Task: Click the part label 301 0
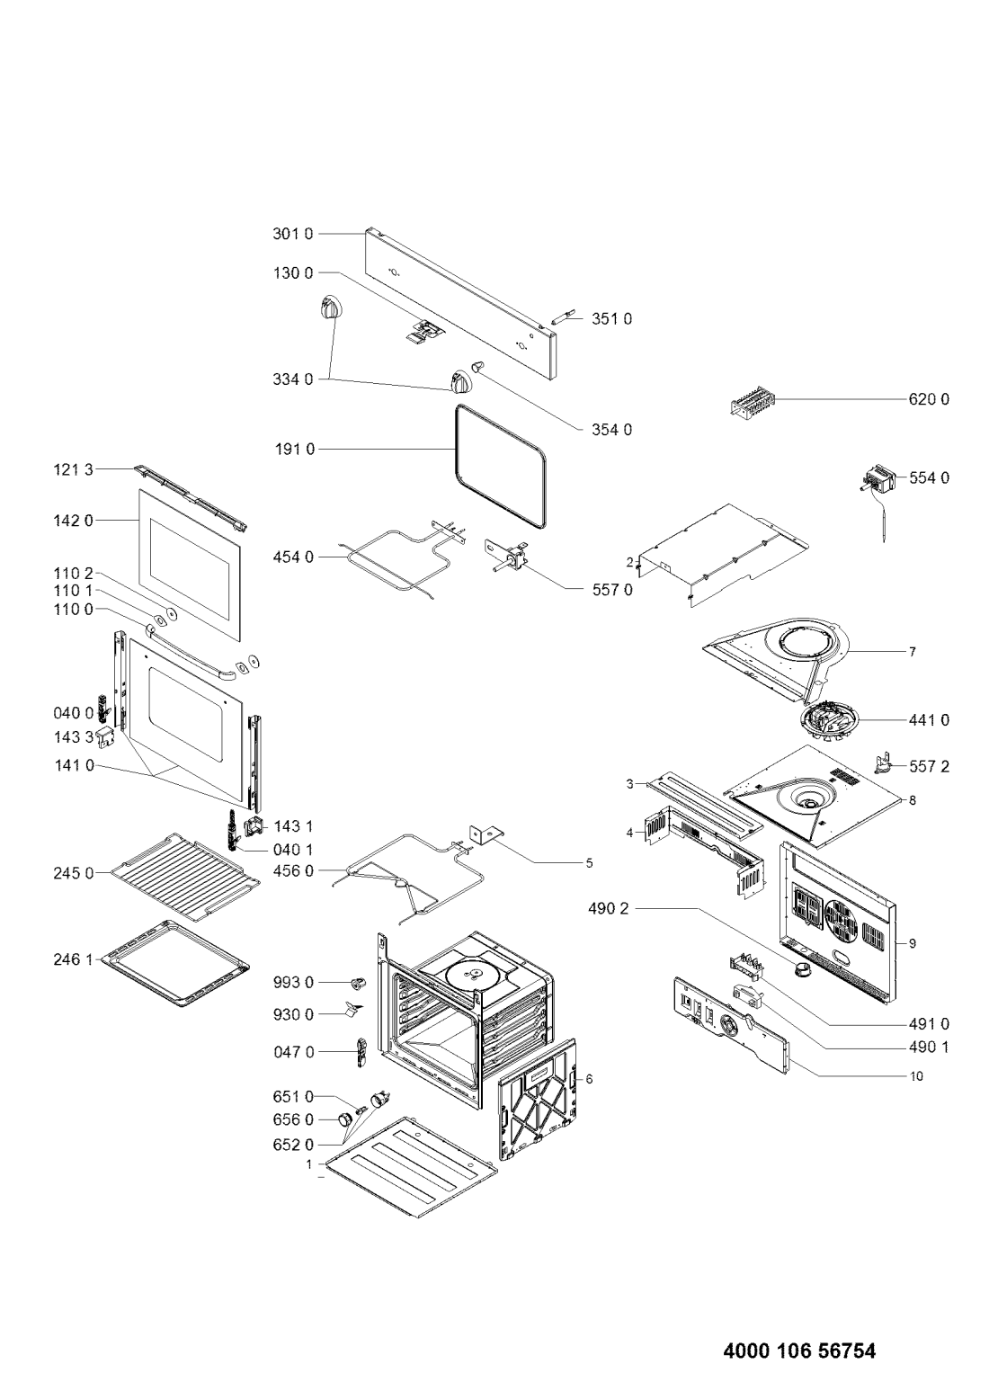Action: coord(293,234)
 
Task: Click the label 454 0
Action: coord(293,557)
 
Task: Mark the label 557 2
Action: coord(929,767)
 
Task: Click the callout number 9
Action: coord(912,943)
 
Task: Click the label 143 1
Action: coord(292,825)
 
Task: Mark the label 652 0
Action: coord(294,1145)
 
